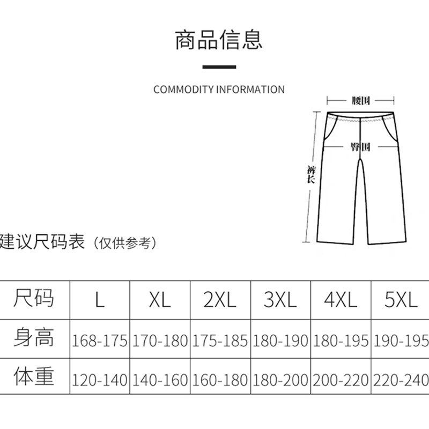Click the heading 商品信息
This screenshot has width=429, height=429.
(x=219, y=41)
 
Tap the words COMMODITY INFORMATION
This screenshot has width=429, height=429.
(x=219, y=90)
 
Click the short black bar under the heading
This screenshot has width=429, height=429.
(x=219, y=67)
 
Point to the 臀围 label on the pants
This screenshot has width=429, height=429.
(x=360, y=147)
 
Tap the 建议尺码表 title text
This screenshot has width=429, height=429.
(x=42, y=242)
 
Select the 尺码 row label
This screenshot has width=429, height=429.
(x=34, y=298)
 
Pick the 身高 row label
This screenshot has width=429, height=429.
(x=34, y=338)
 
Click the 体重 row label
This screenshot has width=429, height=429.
(x=34, y=377)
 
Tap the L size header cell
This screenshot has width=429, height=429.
(x=100, y=300)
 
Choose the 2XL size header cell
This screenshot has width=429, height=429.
(x=220, y=300)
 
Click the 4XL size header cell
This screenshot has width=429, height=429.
(x=341, y=300)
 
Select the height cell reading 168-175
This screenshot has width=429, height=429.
(x=100, y=341)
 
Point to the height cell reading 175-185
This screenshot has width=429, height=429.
(x=220, y=341)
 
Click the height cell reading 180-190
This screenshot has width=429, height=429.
(x=280, y=341)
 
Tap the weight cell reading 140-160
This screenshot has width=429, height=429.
(x=160, y=380)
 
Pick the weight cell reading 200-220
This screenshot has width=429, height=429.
(x=341, y=380)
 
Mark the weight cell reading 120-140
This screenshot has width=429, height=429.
(x=100, y=380)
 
